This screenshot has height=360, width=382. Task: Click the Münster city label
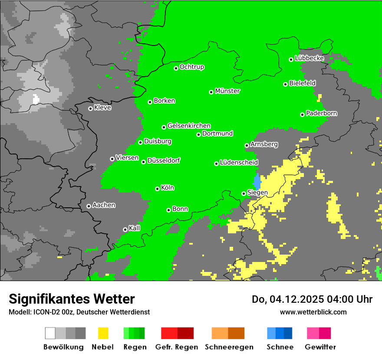[227, 91]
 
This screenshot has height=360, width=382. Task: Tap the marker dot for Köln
[157, 189]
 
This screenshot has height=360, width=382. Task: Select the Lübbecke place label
[309, 58]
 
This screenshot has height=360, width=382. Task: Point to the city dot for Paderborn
[302, 115]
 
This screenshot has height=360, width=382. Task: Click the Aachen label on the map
[104, 205]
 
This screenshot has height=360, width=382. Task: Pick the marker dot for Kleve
[90, 108]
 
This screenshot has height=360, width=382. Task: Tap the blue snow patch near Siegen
[257, 181]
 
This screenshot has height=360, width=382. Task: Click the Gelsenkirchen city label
[189, 126]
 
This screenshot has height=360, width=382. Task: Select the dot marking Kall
[125, 229]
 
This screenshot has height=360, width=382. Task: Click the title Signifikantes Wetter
[72, 299]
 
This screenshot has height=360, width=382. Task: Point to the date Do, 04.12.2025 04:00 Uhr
[312, 299]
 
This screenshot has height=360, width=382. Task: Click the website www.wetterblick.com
[313, 312]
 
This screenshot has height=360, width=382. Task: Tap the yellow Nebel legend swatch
[103, 333]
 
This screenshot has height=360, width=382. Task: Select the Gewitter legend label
[320, 347]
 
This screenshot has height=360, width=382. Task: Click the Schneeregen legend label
[229, 347]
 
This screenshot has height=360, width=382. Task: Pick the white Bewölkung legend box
[50, 333]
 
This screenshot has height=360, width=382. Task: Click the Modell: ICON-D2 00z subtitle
[79, 312]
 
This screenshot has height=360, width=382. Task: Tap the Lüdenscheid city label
[239, 163]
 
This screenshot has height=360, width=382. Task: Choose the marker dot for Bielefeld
[286, 84]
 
